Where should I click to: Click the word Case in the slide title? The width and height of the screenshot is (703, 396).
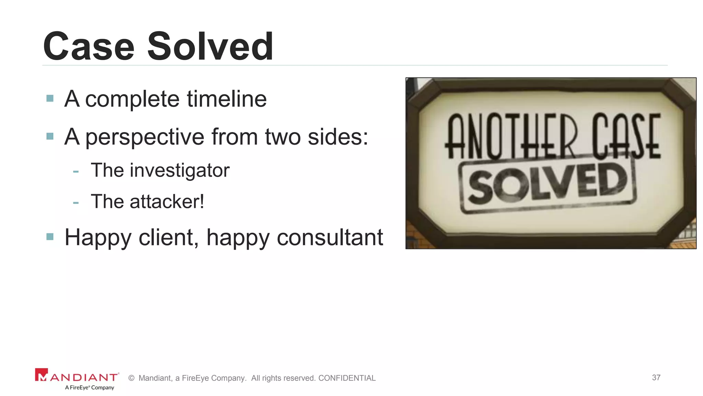tap(89, 46)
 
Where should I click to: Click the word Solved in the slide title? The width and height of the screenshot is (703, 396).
tap(210, 46)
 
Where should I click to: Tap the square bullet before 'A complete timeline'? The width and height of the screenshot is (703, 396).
tap(50, 99)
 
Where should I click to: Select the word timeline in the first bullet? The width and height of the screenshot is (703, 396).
tap(227, 99)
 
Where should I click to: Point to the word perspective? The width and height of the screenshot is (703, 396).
tap(145, 137)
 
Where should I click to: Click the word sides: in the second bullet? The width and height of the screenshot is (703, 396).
tap(338, 137)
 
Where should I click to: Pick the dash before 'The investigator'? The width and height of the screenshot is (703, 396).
tap(76, 171)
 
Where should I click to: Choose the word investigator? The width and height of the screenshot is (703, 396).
tap(179, 170)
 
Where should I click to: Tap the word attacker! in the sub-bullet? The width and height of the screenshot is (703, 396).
tap(167, 201)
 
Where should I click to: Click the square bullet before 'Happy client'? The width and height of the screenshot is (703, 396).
tap(50, 236)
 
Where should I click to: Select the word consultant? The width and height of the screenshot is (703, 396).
tap(330, 237)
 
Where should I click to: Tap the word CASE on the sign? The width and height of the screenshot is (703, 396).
tap(626, 136)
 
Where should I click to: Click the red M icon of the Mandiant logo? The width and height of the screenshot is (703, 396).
tap(42, 375)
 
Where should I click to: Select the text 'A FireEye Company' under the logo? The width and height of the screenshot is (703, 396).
tap(90, 387)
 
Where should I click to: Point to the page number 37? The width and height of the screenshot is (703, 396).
tap(656, 377)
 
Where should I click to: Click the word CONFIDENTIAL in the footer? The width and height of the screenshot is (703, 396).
tap(347, 378)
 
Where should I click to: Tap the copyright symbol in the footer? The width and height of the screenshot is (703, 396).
tap(131, 378)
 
